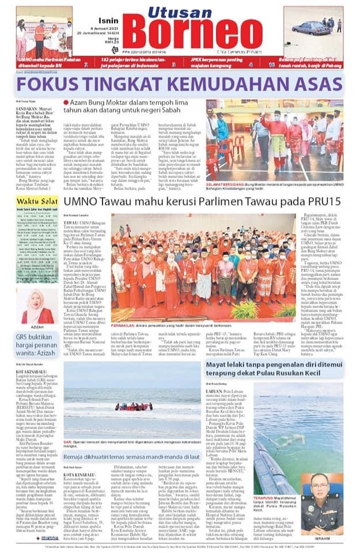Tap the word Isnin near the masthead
(x=105, y=18)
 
